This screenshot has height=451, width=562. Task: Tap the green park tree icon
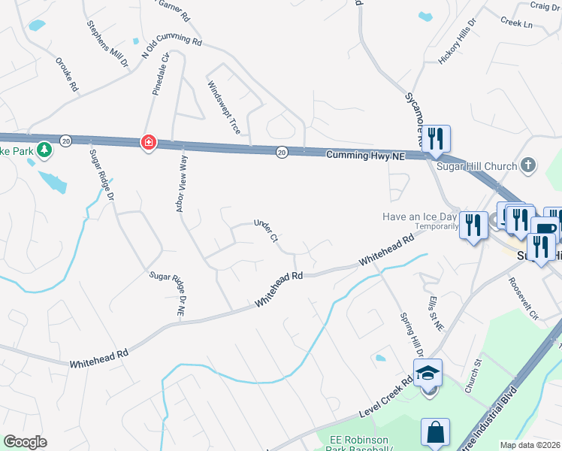pyautogui.click(x=45, y=150)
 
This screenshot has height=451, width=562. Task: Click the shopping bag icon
pyautogui.click(x=435, y=432)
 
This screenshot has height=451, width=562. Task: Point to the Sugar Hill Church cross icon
pyautogui.click(x=529, y=165)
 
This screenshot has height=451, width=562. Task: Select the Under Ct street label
pyautogui.click(x=266, y=231)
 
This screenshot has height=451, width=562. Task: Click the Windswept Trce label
pyautogui.click(x=224, y=107)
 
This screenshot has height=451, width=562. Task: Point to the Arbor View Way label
pyautogui.click(x=181, y=184)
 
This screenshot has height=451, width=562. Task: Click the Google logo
pyautogui.click(x=26, y=441)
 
